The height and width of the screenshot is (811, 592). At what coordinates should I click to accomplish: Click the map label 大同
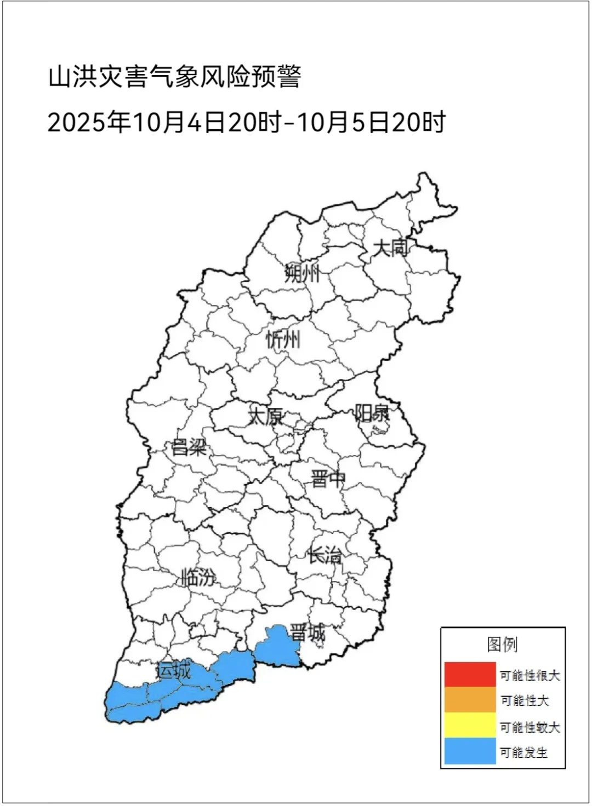pyautogui.click(x=391, y=248)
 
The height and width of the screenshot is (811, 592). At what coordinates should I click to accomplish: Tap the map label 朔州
pyautogui.click(x=302, y=273)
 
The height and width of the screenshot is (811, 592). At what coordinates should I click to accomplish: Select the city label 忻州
pyautogui.click(x=283, y=340)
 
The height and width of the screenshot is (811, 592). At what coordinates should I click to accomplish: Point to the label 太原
pyautogui.click(x=266, y=416)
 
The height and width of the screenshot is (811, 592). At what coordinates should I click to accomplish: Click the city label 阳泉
pyautogui.click(x=372, y=413)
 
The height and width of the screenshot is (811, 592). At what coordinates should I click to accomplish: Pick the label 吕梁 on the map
pyautogui.click(x=189, y=447)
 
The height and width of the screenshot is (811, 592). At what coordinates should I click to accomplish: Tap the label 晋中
pyautogui.click(x=328, y=479)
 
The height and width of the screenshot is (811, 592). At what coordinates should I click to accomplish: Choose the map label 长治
pyautogui.click(x=325, y=555)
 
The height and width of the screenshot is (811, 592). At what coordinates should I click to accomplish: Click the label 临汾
pyautogui.click(x=198, y=577)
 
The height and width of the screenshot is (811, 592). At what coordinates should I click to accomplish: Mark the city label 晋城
pyautogui.click(x=308, y=634)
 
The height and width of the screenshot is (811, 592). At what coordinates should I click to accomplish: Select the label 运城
pyautogui.click(x=174, y=670)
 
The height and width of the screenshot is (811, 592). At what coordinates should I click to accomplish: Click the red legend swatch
pyautogui.click(x=470, y=675)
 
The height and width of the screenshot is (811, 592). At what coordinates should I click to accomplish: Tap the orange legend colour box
pyautogui.click(x=470, y=700)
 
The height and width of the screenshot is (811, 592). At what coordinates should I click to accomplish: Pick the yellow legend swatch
pyautogui.click(x=470, y=726)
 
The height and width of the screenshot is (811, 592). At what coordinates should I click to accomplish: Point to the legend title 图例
pyautogui.click(x=502, y=644)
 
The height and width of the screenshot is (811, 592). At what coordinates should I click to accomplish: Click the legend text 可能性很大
pyautogui.click(x=530, y=676)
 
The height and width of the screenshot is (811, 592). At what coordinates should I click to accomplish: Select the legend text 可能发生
pyautogui.click(x=523, y=752)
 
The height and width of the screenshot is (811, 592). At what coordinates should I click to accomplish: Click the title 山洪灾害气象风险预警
pyautogui.click(x=175, y=77)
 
